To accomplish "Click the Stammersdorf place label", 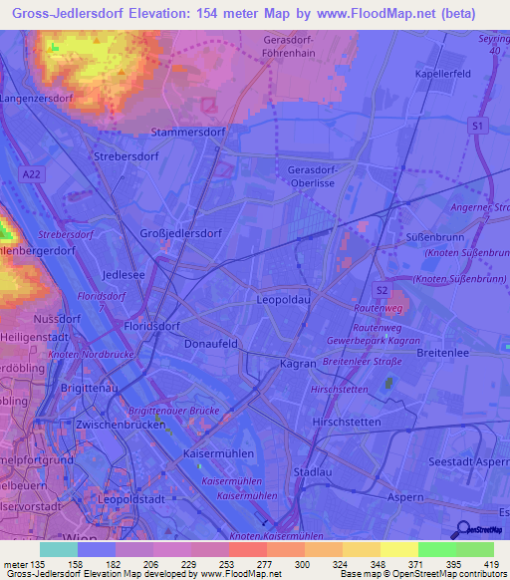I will tap(184, 131).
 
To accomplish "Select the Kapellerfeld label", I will tap(443, 75).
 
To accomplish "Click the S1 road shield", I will tap(479, 125).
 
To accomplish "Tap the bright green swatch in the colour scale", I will tap(437, 549).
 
